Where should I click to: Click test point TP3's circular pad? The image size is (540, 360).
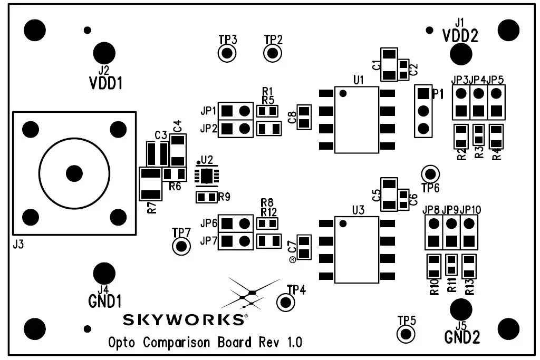click(x=227, y=53)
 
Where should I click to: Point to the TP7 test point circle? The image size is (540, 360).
click(x=181, y=246)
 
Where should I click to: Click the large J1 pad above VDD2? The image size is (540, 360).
click(x=461, y=53)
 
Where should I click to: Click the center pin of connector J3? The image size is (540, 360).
click(x=74, y=173)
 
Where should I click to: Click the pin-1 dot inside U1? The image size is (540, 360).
click(x=343, y=94)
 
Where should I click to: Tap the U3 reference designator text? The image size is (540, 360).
click(x=358, y=210)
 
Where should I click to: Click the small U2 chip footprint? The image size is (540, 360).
click(x=207, y=176)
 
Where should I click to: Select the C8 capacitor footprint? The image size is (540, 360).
click(x=304, y=117)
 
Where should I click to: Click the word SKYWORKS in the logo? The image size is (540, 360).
click(x=184, y=319)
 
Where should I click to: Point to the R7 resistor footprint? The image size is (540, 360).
click(x=151, y=183)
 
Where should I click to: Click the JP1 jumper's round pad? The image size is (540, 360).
click(x=244, y=111)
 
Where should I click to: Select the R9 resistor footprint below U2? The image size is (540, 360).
click(x=206, y=197)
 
